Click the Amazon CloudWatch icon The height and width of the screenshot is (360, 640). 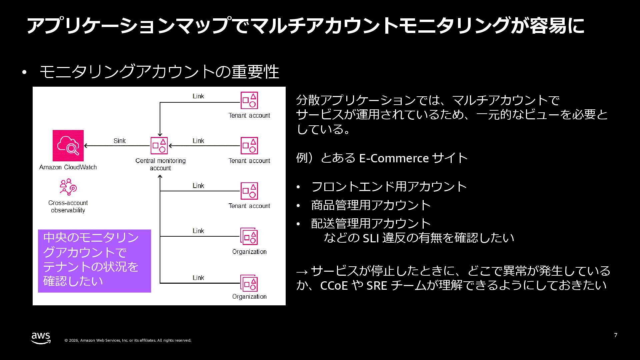(68, 146)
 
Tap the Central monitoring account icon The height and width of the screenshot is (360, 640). (159, 146)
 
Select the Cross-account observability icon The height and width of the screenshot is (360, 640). (68, 187)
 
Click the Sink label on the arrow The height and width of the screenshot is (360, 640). (119, 141)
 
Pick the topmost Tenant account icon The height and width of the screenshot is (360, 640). (249, 100)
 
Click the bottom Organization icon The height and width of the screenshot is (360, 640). (249, 283)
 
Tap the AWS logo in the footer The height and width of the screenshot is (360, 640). (41, 338)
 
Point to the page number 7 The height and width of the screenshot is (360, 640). (616, 335)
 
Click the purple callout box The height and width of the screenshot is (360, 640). (94, 261)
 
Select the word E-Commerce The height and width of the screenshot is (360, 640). (393, 158)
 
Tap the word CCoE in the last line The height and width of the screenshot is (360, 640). (334, 286)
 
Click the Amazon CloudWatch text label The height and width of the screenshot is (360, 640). (68, 167)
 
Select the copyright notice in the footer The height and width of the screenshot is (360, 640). (128, 340)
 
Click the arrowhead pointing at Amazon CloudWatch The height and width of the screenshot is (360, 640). (86, 146)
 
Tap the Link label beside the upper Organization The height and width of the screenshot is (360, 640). (198, 231)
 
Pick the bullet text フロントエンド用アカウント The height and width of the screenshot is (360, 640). (389, 186)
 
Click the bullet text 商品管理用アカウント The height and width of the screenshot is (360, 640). (371, 205)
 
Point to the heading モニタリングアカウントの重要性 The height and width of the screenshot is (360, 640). (159, 72)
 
